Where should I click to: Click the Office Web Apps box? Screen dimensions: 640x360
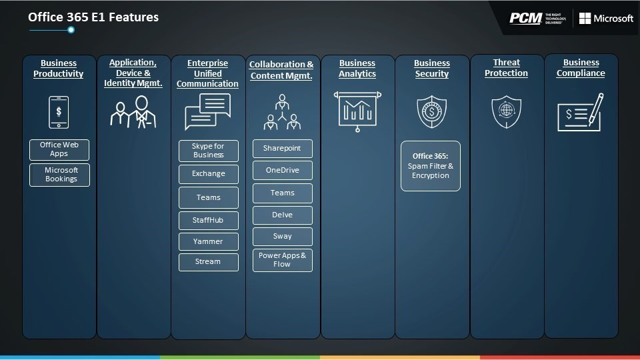pyautogui.click(x=59, y=149)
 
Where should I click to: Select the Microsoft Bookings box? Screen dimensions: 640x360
pyautogui.click(x=59, y=175)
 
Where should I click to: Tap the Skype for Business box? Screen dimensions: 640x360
pyautogui.click(x=209, y=151)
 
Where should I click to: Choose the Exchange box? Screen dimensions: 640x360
pyautogui.click(x=209, y=174)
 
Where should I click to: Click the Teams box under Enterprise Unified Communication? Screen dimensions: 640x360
pyautogui.click(x=209, y=197)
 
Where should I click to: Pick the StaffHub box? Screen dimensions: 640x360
pyautogui.click(x=209, y=221)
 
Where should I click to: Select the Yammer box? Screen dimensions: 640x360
pyautogui.click(x=209, y=241)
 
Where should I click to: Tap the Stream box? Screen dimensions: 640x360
pyautogui.click(x=209, y=262)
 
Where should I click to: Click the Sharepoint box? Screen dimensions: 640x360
pyautogui.click(x=283, y=149)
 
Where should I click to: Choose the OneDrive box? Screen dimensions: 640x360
pyautogui.click(x=283, y=170)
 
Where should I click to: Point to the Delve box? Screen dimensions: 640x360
pyautogui.click(x=283, y=215)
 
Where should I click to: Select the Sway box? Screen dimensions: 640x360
pyautogui.click(x=283, y=236)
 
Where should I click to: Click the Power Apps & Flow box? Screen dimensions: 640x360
pyautogui.click(x=283, y=260)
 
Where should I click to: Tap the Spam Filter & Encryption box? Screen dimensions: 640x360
pyautogui.click(x=431, y=166)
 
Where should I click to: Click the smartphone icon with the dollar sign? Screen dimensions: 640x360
pyautogui.click(x=59, y=112)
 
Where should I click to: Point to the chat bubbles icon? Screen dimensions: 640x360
pyautogui.click(x=208, y=112)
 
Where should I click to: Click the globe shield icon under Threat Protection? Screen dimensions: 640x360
pyautogui.click(x=507, y=111)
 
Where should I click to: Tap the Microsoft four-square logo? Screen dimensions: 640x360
pyautogui.click(x=585, y=19)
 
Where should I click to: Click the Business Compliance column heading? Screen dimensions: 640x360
pyautogui.click(x=581, y=68)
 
